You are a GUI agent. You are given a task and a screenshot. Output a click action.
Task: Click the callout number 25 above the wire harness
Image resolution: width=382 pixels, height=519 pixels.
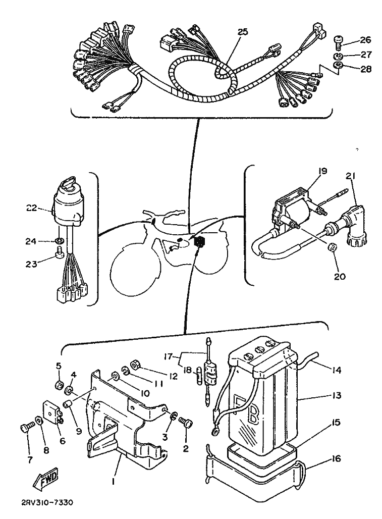[x=242, y=32]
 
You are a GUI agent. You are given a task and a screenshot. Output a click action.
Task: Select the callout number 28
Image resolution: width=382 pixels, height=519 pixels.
[x=366, y=69]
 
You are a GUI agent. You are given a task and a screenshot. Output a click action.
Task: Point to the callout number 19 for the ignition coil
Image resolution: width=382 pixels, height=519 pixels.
[x=322, y=171]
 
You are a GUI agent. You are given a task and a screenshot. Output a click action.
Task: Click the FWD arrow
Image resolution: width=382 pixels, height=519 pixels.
[x=45, y=479]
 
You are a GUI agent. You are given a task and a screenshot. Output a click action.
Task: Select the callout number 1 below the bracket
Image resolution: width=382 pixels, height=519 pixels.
[x=113, y=482]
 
